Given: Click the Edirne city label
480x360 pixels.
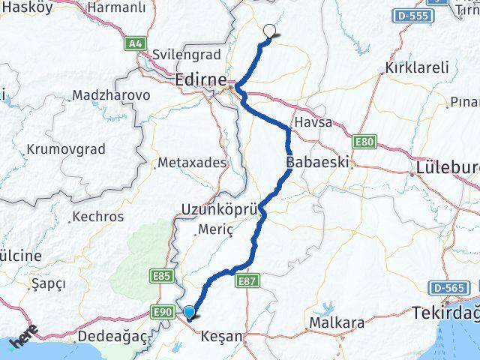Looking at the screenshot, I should (200, 78).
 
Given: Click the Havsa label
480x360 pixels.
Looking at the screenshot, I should (313, 122).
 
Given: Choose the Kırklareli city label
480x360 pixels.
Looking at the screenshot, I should (417, 67).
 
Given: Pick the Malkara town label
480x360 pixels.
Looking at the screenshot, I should (334, 324).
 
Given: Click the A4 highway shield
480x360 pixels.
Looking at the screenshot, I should (134, 44).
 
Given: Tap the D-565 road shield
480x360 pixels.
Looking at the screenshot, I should (449, 287).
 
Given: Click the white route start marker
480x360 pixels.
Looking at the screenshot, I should (269, 31).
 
